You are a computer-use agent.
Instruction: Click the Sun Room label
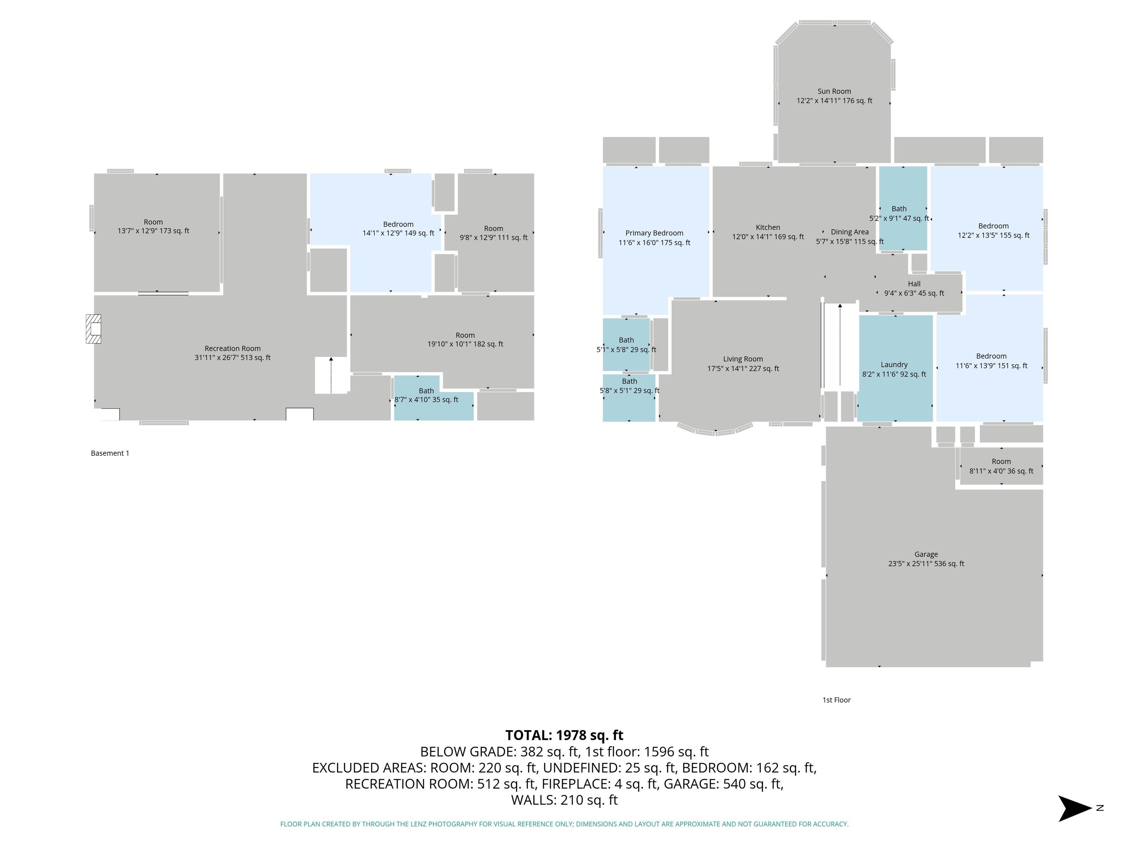point(834,92)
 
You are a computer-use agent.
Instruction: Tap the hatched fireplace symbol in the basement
point(93,329)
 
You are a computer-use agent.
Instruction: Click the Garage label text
point(926,554)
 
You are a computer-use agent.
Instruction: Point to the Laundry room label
point(894,365)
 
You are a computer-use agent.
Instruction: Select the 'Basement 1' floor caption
point(110,453)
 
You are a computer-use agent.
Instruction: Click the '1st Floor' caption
point(836,700)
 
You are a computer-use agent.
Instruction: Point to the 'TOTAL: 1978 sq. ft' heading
point(564,735)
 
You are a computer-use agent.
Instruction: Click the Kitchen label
point(768,228)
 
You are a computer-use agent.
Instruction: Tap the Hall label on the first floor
point(914,284)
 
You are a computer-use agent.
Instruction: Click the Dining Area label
point(850,232)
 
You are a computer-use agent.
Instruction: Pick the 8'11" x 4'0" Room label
point(1001,466)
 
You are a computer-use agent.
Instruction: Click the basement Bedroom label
point(398,225)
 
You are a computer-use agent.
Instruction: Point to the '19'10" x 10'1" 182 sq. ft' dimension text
point(465,344)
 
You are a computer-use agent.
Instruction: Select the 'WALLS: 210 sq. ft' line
point(564,800)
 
